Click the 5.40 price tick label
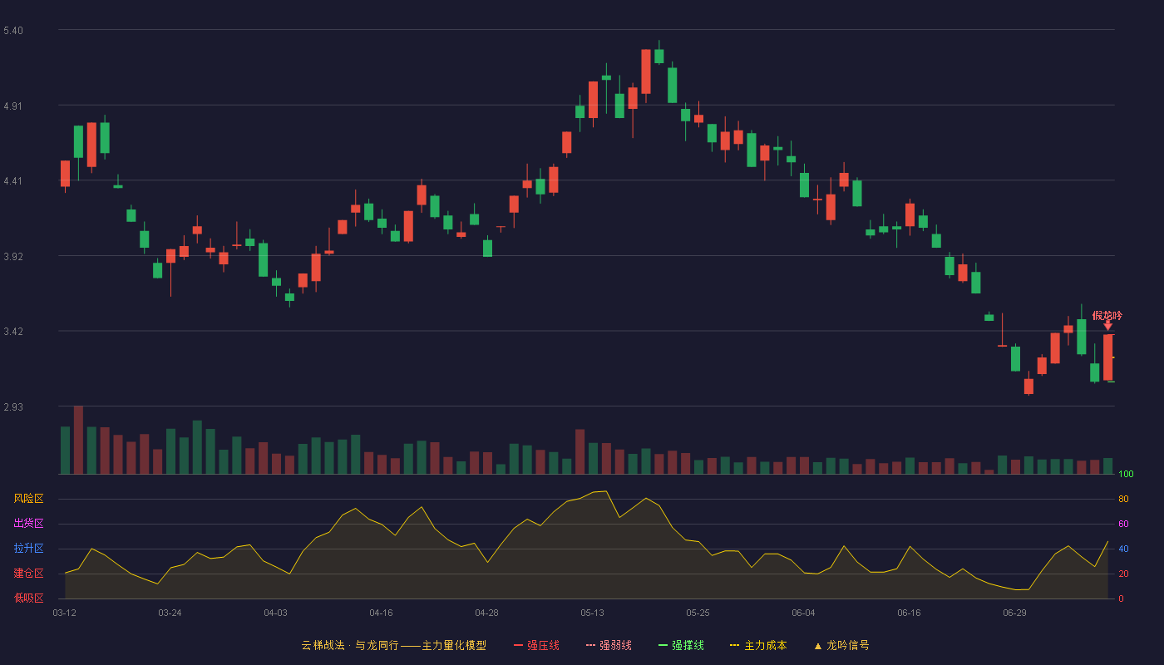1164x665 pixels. (13, 31)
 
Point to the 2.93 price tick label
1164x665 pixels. (13, 406)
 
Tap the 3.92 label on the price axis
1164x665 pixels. (13, 257)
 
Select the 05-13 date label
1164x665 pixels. (592, 613)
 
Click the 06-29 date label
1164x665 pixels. (1014, 613)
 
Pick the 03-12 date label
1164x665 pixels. (65, 613)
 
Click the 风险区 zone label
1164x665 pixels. (28, 499)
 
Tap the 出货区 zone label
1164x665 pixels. (28, 523)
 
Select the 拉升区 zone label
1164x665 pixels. (28, 548)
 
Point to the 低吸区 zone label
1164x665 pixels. (28, 598)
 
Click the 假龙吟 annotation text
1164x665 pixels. (1107, 315)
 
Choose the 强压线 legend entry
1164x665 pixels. (536, 645)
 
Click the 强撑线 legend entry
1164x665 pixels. (681, 645)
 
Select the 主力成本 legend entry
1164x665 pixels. (758, 645)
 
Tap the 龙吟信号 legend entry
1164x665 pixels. (841, 645)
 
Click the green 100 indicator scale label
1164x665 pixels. (1126, 474)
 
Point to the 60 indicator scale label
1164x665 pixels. (1123, 524)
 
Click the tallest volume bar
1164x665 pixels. (78, 440)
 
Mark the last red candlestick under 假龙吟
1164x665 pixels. (1107, 357)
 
